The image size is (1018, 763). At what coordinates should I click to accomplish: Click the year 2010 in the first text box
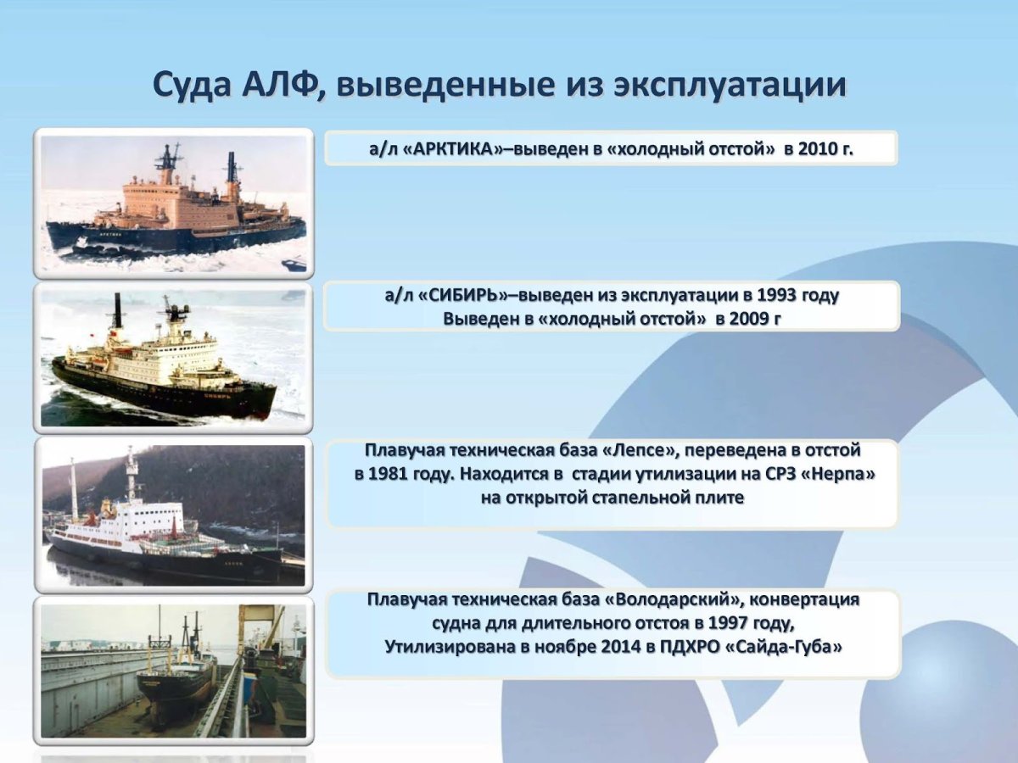[x=819, y=148]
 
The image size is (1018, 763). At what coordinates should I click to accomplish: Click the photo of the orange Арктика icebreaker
[x=174, y=203]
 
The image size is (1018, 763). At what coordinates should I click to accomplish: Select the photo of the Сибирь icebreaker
[x=174, y=357]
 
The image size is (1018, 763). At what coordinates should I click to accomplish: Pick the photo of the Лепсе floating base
[x=174, y=515]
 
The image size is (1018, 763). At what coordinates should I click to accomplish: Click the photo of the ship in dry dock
[x=174, y=670]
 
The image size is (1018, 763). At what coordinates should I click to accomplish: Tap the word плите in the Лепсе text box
[x=719, y=497]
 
